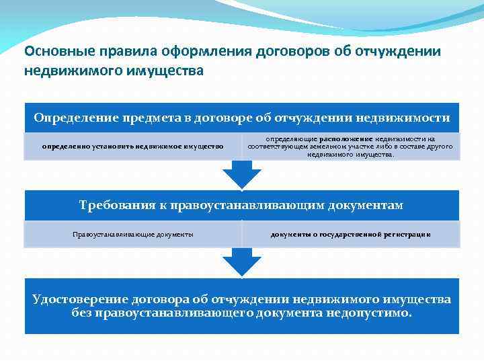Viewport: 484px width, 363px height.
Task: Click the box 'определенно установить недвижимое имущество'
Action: coord(132,146)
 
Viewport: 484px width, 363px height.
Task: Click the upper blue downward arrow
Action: coord(242,175)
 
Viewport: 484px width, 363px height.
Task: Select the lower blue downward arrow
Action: coord(242,262)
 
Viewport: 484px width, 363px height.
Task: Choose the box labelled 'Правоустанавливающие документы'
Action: coord(132,234)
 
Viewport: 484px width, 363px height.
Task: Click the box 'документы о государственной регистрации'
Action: coord(350,234)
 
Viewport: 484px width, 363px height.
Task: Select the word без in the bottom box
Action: coord(82,313)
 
